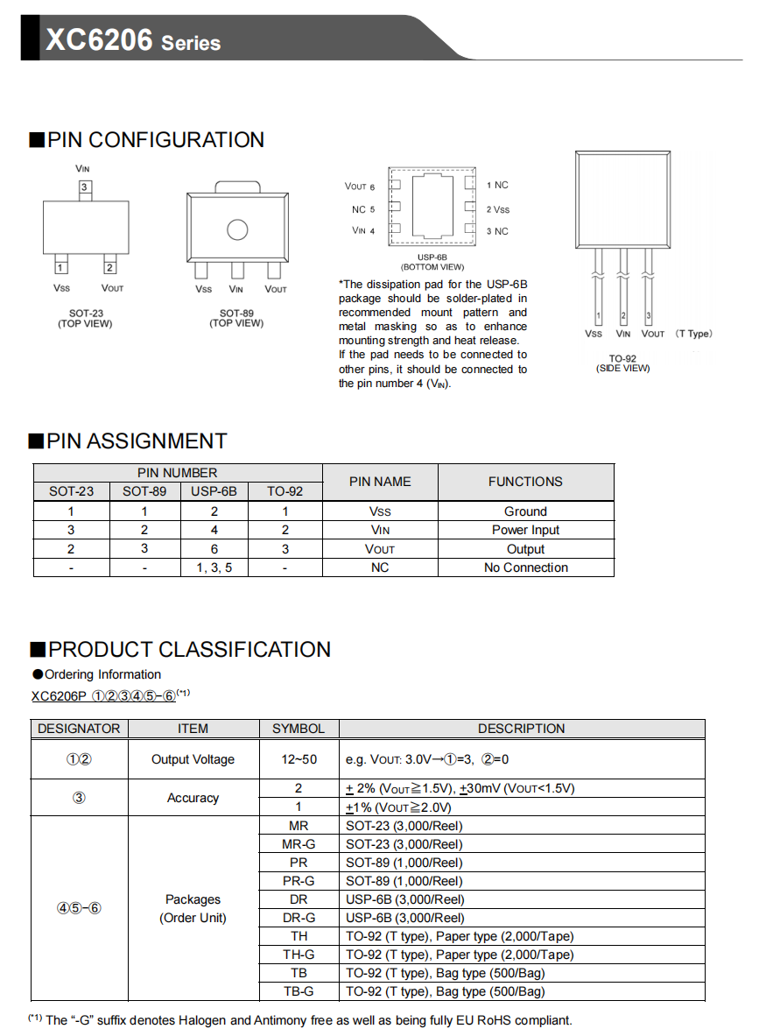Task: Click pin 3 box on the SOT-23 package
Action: point(85,187)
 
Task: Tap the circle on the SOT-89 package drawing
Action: point(237,229)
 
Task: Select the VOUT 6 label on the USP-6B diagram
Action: point(360,187)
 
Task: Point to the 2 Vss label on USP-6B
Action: point(497,209)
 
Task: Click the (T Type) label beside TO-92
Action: point(694,334)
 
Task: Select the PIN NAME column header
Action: point(380,482)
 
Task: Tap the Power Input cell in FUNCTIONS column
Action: point(525,530)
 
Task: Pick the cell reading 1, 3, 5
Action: point(214,567)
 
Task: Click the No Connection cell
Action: point(525,567)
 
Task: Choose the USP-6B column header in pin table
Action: point(214,491)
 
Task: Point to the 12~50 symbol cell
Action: point(299,759)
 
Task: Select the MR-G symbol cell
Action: point(299,844)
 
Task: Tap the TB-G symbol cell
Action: point(299,991)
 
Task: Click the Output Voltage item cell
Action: point(193,759)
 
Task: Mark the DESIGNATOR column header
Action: point(79,729)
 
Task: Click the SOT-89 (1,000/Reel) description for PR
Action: point(404,863)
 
